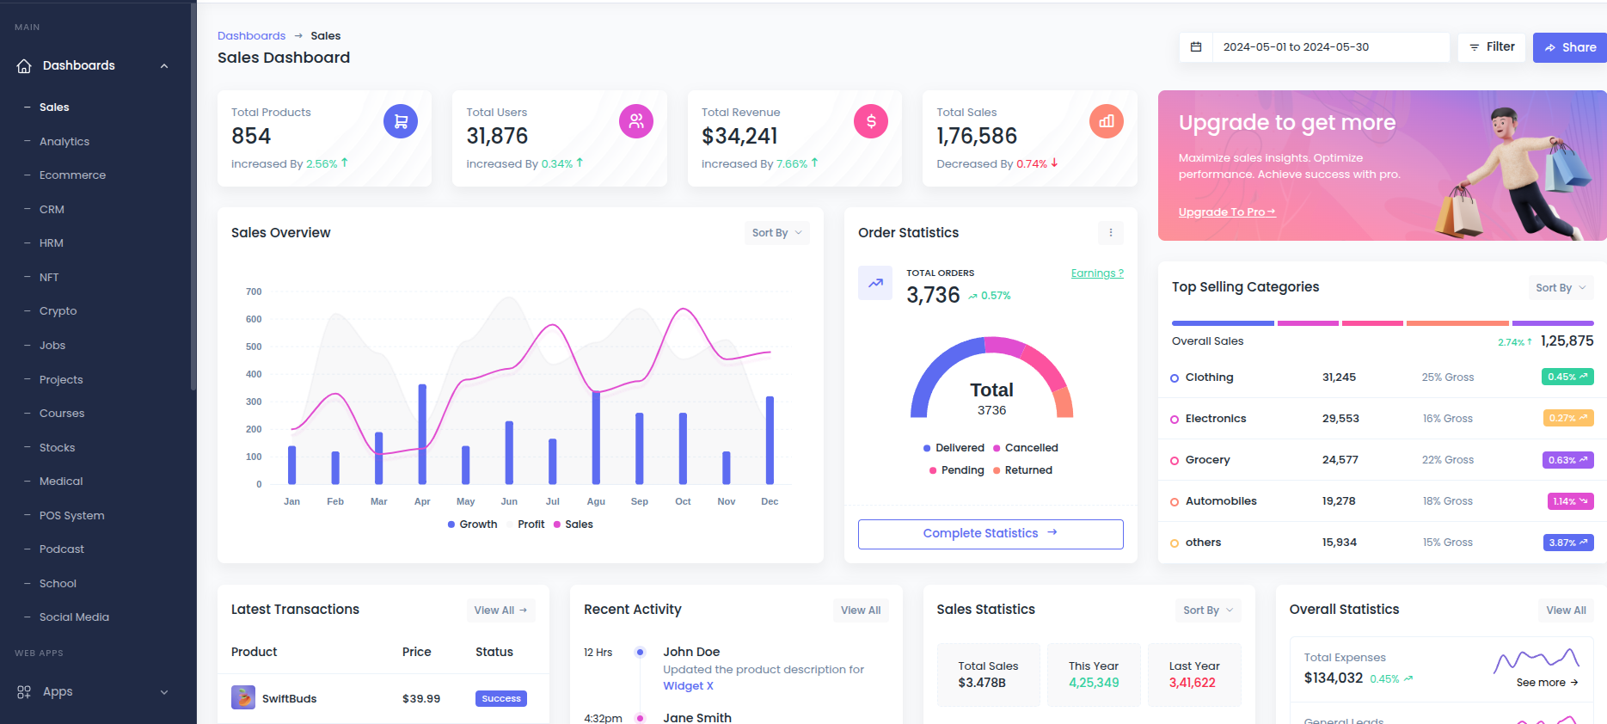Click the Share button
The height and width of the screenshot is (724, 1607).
click(1570, 47)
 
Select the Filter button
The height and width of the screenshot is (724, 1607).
click(1492, 47)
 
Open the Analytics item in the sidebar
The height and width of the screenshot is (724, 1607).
click(64, 141)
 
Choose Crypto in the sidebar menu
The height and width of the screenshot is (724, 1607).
click(58, 311)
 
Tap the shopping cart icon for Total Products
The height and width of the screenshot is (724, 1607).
click(401, 121)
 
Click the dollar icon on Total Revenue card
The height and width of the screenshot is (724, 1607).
click(871, 121)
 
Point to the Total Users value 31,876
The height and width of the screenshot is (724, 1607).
click(497, 136)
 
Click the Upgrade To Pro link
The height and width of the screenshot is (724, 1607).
click(1226, 212)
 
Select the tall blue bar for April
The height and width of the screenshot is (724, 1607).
click(422, 433)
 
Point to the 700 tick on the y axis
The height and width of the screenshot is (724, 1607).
click(254, 291)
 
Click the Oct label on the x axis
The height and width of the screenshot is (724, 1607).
click(683, 501)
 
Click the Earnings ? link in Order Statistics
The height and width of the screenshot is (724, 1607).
click(1097, 273)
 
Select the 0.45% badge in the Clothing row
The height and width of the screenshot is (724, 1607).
click(1567, 377)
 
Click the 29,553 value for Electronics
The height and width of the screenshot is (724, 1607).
click(1340, 419)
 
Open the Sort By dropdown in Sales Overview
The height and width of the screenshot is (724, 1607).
click(776, 233)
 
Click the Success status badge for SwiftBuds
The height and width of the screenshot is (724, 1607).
click(501, 699)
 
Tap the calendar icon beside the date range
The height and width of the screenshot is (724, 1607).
click(1196, 47)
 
